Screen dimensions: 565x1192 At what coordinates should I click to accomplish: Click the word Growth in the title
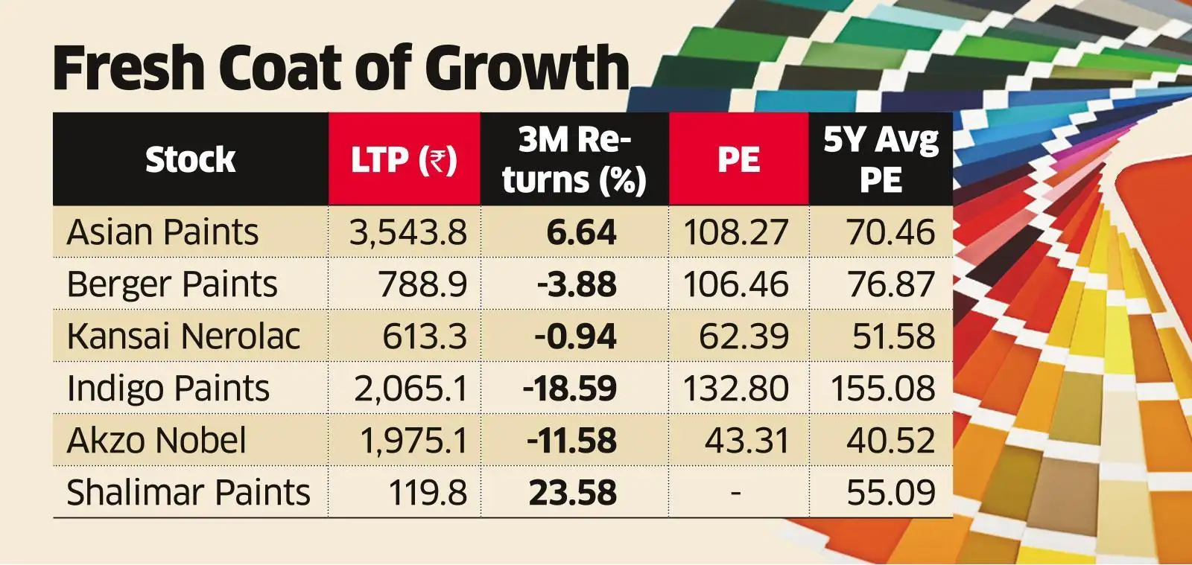530,68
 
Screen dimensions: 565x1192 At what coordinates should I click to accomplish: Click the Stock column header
190,160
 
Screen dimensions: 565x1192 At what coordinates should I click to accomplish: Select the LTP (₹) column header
404,160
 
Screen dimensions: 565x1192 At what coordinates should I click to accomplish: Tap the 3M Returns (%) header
574,160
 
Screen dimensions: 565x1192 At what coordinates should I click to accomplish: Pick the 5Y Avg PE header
881,160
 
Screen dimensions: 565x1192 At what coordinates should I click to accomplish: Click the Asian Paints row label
162,232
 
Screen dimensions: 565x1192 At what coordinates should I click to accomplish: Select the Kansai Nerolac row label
183,336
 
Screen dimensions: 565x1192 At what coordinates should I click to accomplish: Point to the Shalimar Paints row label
188,493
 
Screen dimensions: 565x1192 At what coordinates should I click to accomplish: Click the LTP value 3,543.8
408,232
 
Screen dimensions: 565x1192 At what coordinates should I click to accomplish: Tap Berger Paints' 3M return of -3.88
576,284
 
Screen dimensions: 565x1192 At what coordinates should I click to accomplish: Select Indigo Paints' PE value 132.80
735,389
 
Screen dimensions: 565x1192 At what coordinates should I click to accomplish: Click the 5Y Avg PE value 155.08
883,389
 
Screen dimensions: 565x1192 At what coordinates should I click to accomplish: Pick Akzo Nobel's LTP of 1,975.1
414,441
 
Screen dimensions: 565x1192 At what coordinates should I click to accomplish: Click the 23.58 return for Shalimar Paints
572,493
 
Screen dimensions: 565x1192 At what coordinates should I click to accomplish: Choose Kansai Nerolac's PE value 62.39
743,336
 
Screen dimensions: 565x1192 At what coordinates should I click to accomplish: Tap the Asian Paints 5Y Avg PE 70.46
890,232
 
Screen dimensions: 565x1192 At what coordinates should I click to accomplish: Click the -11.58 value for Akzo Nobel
571,441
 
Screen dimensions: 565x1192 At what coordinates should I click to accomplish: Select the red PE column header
738,160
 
